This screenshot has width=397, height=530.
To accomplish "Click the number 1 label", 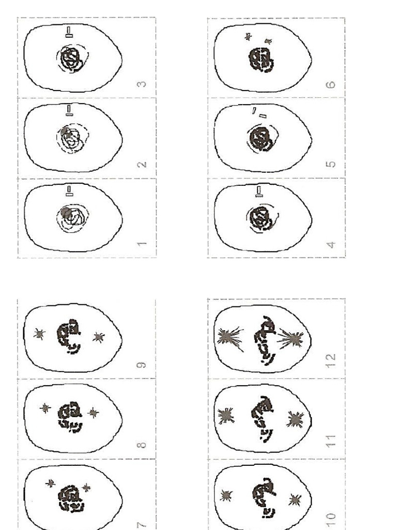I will coord(143,243).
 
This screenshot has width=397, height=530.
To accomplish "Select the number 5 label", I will coord(332,164).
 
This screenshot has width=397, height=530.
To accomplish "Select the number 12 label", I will coord(332,357).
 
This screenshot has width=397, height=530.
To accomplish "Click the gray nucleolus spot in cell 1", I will coord(65,212).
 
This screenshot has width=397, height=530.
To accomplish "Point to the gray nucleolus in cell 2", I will coord(65,131).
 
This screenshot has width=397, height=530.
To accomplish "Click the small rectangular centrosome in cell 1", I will coord(69,193).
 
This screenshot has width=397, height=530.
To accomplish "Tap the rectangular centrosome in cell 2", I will coord(69,110).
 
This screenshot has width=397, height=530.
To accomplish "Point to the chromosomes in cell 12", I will coord(264,339).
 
